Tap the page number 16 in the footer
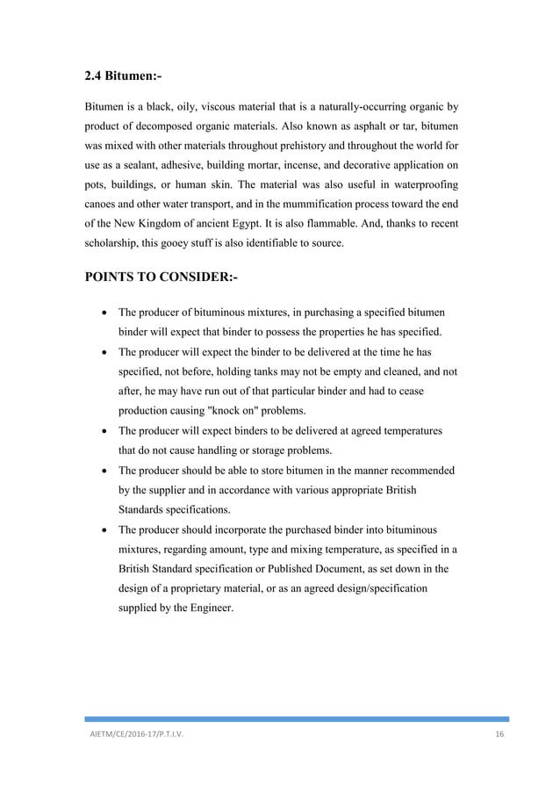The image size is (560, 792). [500, 735]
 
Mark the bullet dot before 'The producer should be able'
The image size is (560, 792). [104, 472]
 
